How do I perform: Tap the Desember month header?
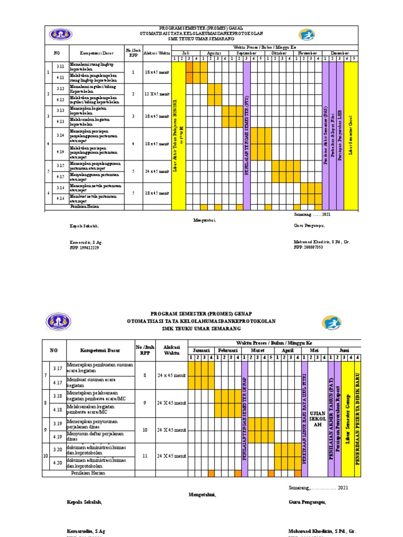coord(340,53)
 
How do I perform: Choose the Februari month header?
coord(228,350)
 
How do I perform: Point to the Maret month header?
coord(257,350)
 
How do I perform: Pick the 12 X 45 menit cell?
coord(157,94)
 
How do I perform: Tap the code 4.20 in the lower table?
coord(58,463)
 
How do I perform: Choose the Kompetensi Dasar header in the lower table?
coord(100,350)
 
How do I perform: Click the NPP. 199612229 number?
coord(84,248)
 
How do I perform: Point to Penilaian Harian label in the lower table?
coord(88,473)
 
